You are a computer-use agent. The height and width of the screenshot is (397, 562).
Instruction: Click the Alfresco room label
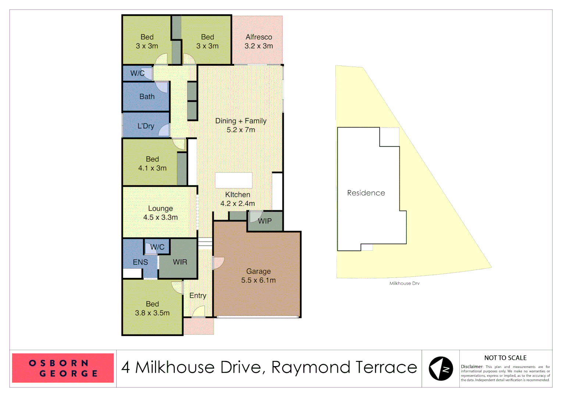pos(259,42)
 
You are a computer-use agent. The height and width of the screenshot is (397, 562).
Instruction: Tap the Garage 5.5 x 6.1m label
pos(258,276)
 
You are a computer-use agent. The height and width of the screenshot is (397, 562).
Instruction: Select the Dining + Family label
pos(241,125)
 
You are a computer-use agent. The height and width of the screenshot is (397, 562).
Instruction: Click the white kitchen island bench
pos(234,180)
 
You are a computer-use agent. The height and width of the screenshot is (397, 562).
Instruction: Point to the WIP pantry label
pos(265,221)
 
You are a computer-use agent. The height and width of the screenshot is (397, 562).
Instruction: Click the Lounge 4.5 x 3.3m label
pos(160,213)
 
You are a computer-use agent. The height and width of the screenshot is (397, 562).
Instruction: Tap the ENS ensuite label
pos(140,262)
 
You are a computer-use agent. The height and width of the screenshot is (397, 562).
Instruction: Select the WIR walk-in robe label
pos(180,262)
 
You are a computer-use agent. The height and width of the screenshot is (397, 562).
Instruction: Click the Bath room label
pos(147,97)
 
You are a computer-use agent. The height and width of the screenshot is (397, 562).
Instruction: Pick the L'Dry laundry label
pos(146,126)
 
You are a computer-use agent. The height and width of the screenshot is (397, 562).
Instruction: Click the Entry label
pos(198,296)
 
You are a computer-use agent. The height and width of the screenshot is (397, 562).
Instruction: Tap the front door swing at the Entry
pos(199,312)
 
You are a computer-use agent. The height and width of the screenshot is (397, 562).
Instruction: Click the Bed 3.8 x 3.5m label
pos(152,308)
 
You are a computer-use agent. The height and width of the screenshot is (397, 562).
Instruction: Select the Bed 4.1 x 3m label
pos(152,164)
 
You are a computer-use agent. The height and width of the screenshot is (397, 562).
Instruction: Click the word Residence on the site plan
pos(366,193)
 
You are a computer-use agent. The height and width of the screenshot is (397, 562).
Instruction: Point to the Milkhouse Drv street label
pos(404,283)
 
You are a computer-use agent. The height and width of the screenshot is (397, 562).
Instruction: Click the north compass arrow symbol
pos(441,368)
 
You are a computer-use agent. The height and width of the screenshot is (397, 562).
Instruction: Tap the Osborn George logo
pos(63,368)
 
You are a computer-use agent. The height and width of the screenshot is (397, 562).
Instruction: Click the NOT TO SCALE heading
pos(505,358)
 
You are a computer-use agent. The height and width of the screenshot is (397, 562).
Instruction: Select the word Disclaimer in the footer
pos(472,366)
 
